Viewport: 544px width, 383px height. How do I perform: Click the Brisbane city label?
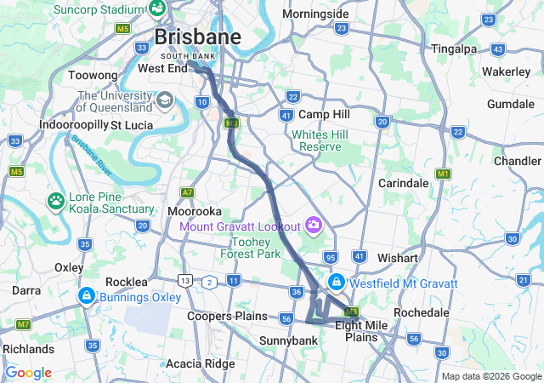[197, 37]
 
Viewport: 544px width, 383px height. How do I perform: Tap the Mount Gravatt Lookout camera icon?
[314, 225]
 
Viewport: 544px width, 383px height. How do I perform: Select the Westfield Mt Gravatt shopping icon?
[337, 281]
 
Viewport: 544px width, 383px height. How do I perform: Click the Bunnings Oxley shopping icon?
[86, 295]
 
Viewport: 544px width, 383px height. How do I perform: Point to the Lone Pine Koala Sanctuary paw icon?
[56, 200]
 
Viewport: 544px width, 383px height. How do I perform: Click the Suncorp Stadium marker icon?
[158, 8]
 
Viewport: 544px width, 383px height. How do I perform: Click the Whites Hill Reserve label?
[315, 140]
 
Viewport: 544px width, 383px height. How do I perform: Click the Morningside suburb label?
[315, 14]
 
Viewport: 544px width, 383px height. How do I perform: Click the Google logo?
[28, 373]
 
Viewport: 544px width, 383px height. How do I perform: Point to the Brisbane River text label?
[93, 156]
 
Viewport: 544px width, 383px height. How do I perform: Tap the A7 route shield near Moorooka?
[187, 193]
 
